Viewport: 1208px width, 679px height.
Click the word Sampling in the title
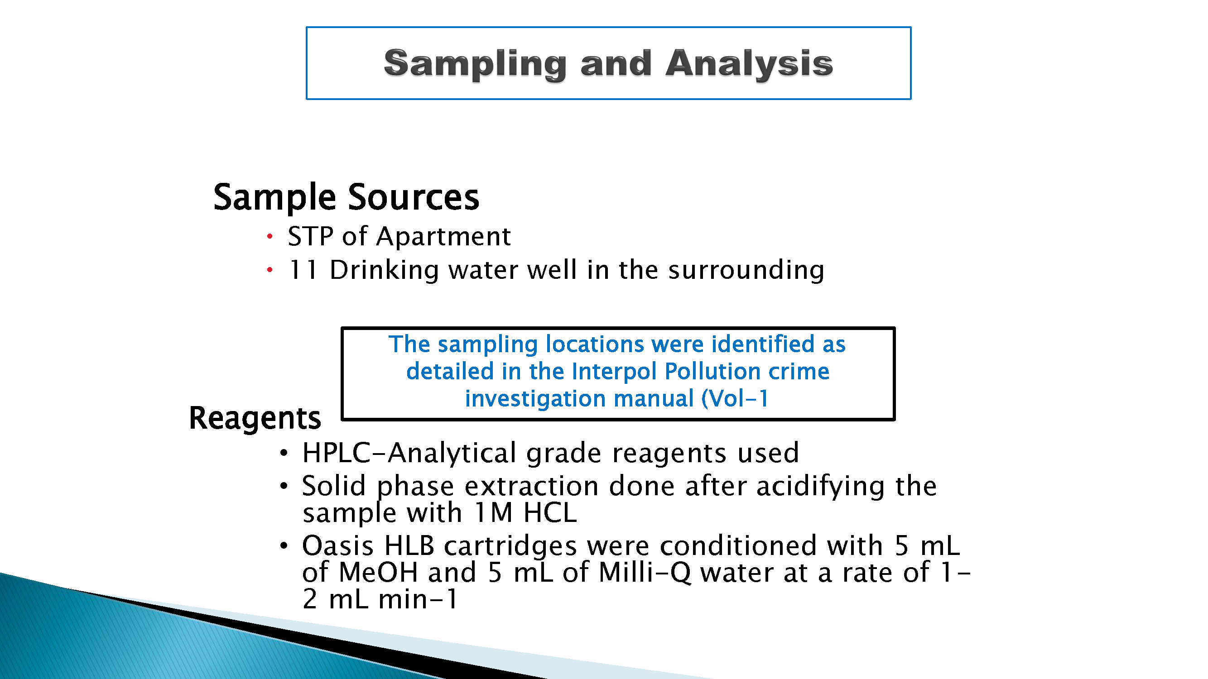[475, 65]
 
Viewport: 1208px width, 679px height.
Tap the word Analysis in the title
[749, 65]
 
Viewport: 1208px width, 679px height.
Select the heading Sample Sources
[347, 197]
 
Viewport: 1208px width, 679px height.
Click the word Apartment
[443, 236]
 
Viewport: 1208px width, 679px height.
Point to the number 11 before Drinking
[303, 270]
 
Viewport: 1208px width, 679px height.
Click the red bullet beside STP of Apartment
[270, 236]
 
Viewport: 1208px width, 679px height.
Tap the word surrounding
[746, 271]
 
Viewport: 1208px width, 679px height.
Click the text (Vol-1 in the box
[735, 399]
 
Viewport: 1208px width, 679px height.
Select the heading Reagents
[255, 418]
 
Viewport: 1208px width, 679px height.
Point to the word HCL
[550, 513]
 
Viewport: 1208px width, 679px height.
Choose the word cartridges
[510, 546]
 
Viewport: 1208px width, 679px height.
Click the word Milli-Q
[645, 573]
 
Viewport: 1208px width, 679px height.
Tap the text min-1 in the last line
[418, 599]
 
